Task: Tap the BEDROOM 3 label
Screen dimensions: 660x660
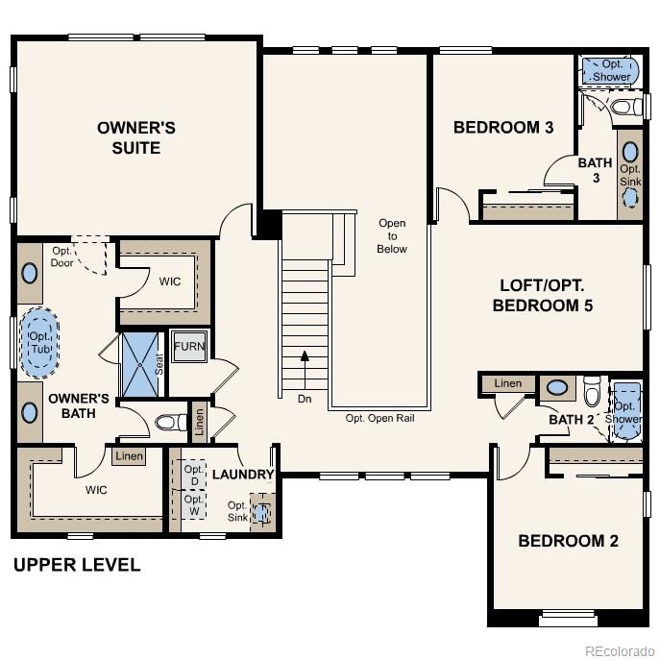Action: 503,127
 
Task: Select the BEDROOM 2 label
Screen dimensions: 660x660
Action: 568,541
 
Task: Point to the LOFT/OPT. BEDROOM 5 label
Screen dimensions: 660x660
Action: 543,296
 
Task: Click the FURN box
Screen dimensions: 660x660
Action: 189,347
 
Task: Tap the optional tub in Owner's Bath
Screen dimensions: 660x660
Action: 38,338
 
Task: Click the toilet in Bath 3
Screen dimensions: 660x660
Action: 623,107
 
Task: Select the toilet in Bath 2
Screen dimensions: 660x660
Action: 592,393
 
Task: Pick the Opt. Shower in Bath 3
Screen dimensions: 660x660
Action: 611,70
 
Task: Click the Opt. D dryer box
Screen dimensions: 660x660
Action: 193,476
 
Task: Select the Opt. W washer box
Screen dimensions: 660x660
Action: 193,504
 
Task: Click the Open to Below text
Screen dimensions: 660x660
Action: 392,236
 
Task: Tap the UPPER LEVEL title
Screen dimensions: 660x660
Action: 77,565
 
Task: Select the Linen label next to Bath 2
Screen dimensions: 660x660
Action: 508,384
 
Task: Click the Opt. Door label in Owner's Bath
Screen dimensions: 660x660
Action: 62,257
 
